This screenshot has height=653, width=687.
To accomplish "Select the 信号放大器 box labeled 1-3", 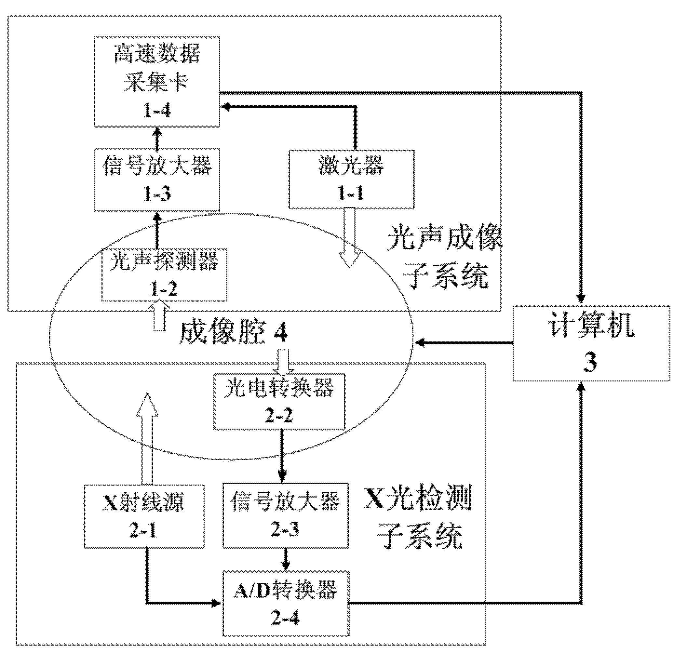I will point(157,180).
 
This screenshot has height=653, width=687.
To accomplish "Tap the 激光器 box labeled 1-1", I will point(351,180).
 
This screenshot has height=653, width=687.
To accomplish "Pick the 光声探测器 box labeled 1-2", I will point(164,275).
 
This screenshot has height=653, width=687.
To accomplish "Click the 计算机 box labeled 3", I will point(591,343).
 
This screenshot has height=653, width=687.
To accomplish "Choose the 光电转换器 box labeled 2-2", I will point(279,402).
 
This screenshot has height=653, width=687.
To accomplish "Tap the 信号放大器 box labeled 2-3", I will point(286,515).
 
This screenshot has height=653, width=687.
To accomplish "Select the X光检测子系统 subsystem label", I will point(418,517).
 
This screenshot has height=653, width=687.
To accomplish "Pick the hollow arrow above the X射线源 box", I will point(147,439).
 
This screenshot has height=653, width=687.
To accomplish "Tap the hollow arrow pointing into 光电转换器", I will point(283,362).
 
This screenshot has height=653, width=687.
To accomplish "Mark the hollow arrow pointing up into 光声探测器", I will point(159,315).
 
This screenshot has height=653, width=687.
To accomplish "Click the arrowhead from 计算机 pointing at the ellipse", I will point(420,343).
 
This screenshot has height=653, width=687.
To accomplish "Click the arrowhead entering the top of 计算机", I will point(581,300).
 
